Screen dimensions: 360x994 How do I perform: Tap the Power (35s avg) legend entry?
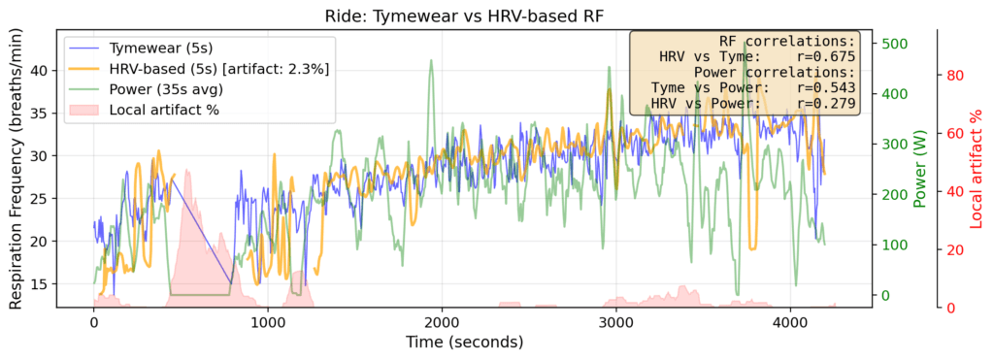tap(167, 89)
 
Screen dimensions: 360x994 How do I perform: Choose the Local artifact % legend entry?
tap(163, 110)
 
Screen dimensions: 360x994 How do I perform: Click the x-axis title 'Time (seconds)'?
tap(464, 342)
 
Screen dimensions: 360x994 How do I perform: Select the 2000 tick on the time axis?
tap(442, 322)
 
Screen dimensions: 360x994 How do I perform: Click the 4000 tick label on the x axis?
tap(789, 322)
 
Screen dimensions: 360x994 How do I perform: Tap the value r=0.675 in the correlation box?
tap(823, 57)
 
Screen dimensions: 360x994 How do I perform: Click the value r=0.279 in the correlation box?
tap(823, 102)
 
